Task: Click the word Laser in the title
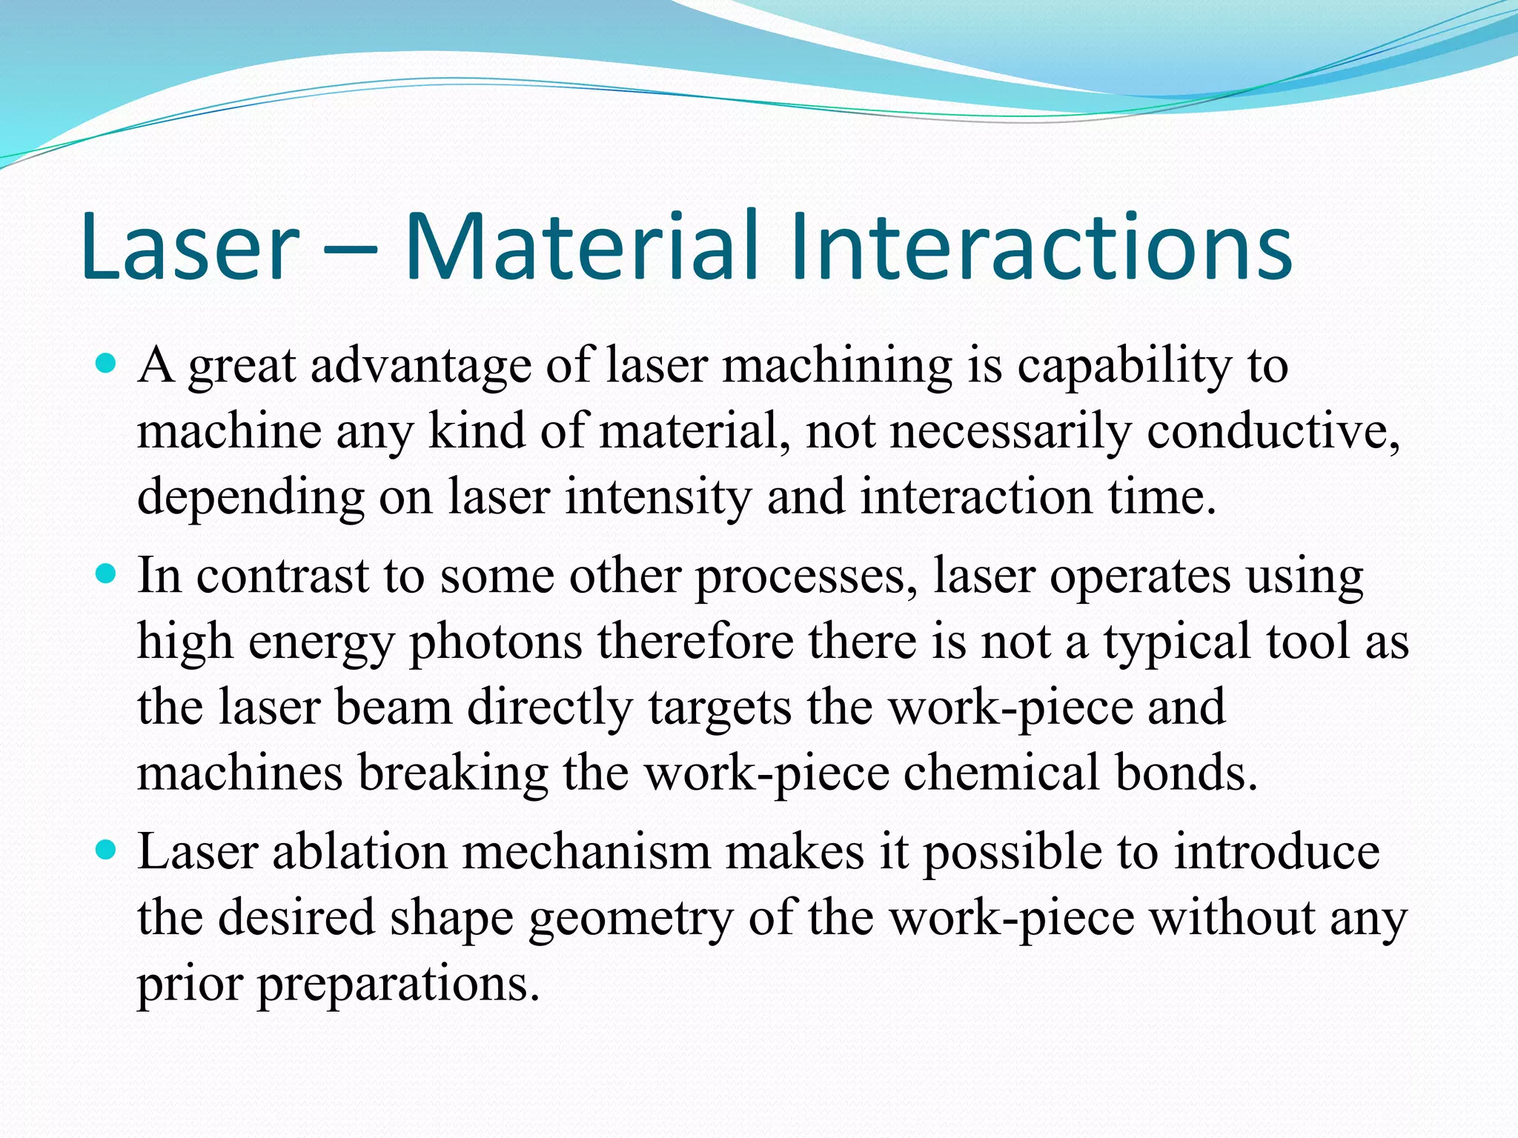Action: pos(189,248)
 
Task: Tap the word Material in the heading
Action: pos(582,248)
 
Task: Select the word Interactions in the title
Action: pos(1041,248)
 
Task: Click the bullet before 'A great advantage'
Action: pos(107,365)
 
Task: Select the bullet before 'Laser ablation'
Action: pos(107,851)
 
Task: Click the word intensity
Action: pos(657,496)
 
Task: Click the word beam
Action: pos(393,707)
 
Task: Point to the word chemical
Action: pos(1001,772)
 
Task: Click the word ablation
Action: pos(359,852)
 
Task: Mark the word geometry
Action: pos(630,919)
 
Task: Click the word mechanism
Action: pos(586,852)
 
